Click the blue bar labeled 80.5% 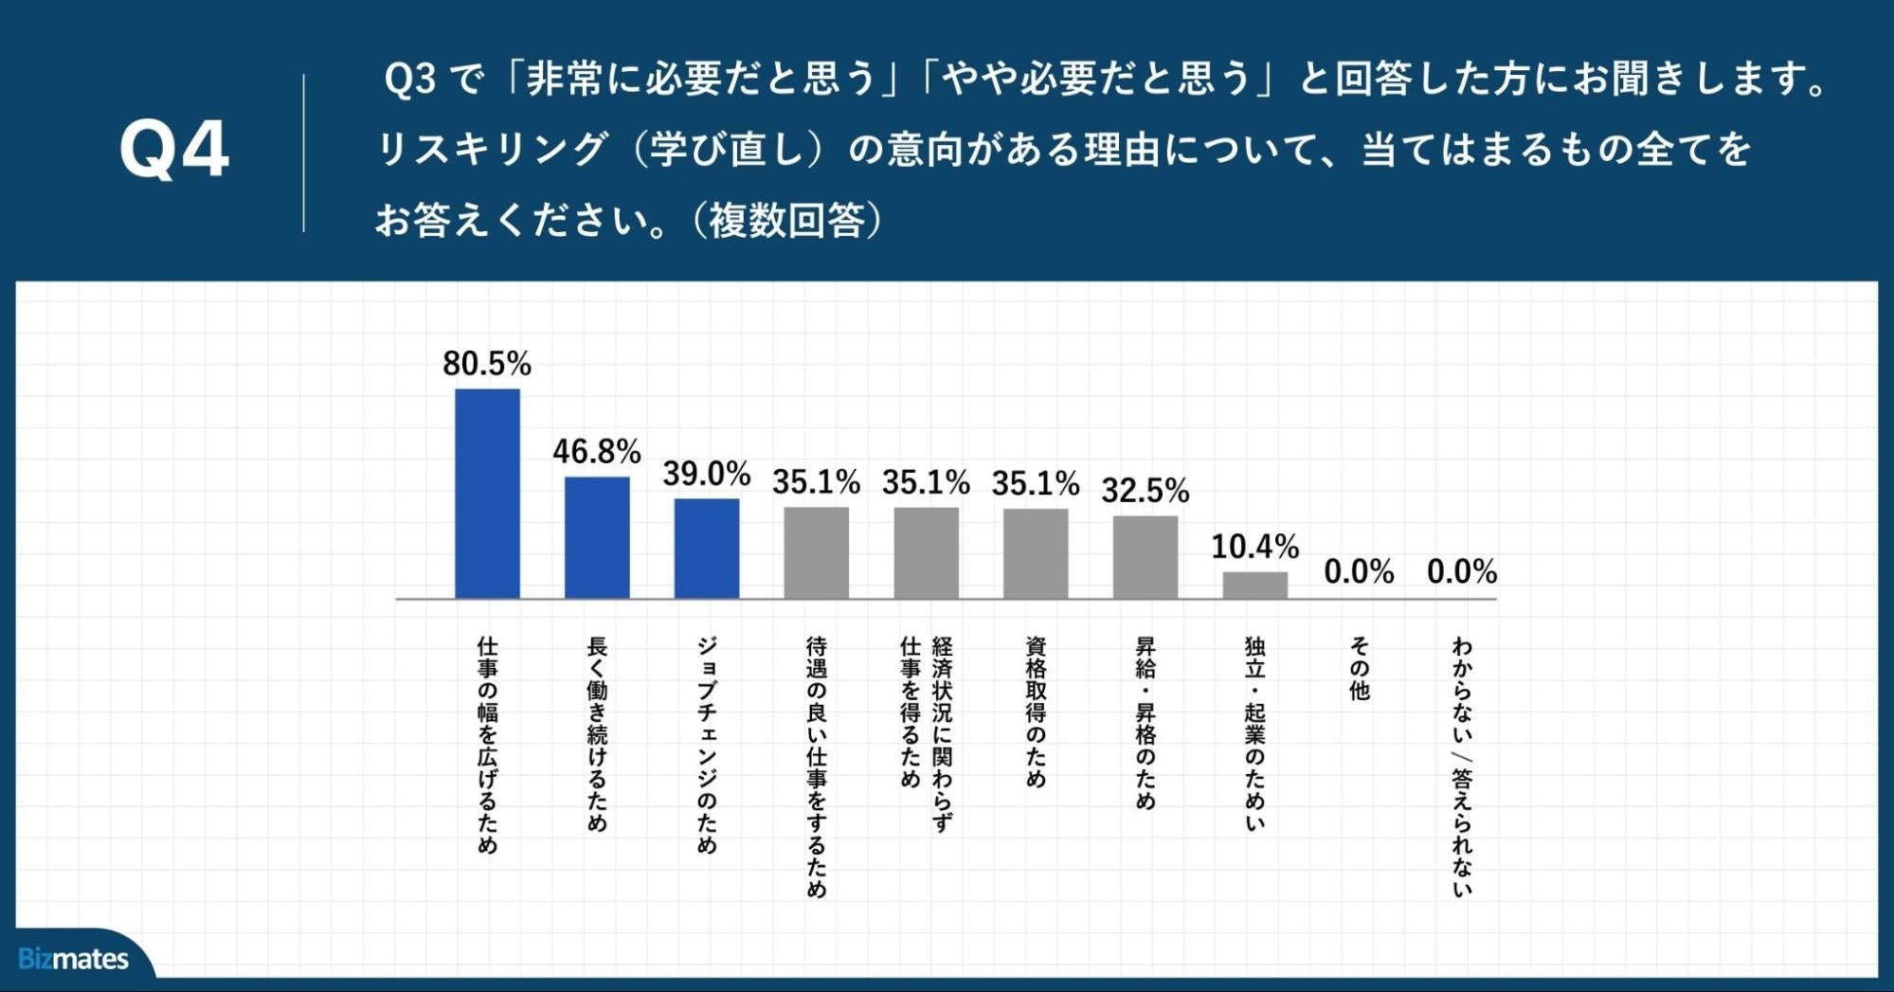487,494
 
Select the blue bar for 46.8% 597,537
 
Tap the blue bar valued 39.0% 707,549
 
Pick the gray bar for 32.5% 1145,557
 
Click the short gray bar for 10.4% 1254,585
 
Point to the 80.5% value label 487,364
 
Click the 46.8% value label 597,452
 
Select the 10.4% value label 1254,547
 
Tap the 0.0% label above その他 1359,572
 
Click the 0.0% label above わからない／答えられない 1462,572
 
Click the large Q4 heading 174,151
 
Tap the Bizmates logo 74,959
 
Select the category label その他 1360,668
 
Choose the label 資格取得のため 1036,712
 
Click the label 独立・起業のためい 1254,733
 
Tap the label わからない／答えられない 1462,767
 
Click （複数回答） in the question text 788,221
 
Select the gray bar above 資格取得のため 1036,553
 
